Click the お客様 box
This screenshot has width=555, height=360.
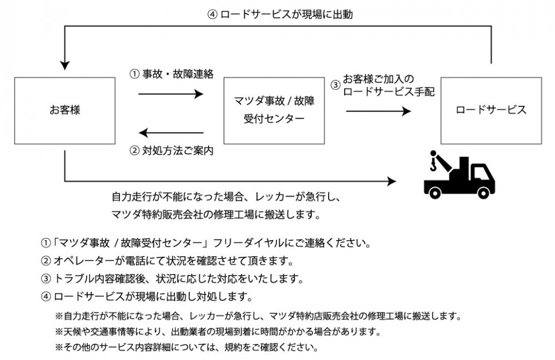(64, 111)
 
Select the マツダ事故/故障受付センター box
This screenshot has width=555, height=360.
(274, 111)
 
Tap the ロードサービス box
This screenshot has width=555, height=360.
(491, 111)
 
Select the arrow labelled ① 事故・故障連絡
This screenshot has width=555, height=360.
(170, 94)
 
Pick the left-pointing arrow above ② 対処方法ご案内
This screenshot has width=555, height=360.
(170, 133)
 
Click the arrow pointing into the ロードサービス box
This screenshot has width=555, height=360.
(378, 111)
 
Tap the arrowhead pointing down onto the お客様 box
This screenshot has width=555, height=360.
(65, 64)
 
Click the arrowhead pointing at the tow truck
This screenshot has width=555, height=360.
(392, 181)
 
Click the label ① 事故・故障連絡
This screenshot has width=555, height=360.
(171, 74)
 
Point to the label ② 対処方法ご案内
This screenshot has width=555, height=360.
(171, 150)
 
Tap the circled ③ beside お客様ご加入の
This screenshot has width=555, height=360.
(335, 85)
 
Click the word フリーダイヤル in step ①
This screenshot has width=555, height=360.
(246, 244)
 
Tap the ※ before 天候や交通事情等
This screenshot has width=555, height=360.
(59, 332)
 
